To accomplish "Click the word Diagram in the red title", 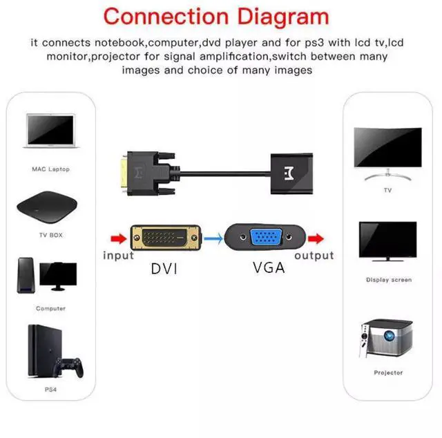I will (x=277, y=16).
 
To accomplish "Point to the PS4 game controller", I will (x=70, y=366).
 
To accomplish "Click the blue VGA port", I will (x=265, y=239).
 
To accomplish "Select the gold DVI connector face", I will (x=164, y=239).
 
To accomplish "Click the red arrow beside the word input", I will (x=118, y=239).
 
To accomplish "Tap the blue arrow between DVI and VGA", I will (x=213, y=239).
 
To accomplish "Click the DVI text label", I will (x=164, y=268).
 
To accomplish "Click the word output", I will (x=314, y=256).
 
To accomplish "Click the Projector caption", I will (x=388, y=373).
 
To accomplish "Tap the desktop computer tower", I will (x=26, y=275).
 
